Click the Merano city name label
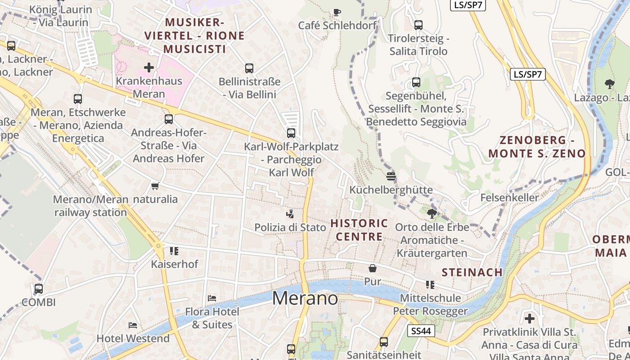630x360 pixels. coord(305,298)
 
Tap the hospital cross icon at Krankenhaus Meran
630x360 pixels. coord(149,68)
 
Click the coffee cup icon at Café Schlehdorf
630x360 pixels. coord(337,12)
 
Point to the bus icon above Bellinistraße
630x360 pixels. coord(249,68)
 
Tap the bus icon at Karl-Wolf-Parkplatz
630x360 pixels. coord(291,133)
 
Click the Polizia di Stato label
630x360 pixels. coord(290,228)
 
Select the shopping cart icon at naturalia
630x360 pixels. coord(155,186)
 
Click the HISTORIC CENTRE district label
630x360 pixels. coord(359,230)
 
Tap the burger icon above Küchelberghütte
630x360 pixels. coord(391,176)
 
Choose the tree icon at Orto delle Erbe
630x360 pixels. coord(432,214)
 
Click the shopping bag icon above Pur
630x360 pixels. coord(373,269)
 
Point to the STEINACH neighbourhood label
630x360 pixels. coord(472,272)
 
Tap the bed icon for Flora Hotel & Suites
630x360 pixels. coord(212,298)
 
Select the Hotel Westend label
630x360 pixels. coord(133,338)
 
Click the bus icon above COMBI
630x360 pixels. coord(39,289)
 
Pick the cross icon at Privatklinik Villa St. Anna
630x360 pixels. coord(530,319)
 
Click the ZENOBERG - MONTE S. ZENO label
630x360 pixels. coord(537,147)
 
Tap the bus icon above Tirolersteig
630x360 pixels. coord(418,25)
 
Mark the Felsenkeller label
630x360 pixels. coord(509,198)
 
